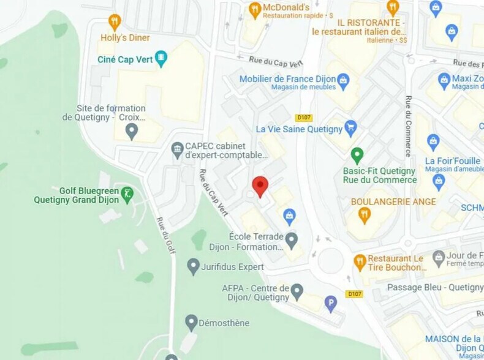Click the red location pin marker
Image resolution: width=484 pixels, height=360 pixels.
click(260, 186)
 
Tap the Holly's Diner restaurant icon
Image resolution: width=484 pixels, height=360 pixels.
click(114, 22)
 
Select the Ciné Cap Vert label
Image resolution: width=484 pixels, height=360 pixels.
click(125, 59)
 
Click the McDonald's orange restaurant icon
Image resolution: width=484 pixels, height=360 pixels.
click(255, 9)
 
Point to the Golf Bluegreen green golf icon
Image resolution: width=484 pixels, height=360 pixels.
click(127, 195)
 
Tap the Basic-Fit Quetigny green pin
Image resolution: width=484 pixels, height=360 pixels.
click(357, 155)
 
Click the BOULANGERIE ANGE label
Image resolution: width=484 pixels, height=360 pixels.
click(393, 201)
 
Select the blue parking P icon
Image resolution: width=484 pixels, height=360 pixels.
click(331, 302)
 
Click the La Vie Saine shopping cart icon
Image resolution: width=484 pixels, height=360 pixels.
click(350, 128)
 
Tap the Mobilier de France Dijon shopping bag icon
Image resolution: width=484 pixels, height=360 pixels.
click(344, 80)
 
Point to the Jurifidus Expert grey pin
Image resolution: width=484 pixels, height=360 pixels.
click(194, 266)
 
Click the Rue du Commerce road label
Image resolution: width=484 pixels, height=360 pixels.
click(407, 126)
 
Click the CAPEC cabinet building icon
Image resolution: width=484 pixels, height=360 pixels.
click(177, 148)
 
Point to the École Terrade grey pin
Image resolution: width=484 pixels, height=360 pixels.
click(292, 239)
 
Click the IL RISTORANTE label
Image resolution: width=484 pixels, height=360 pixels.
click(366, 22)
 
